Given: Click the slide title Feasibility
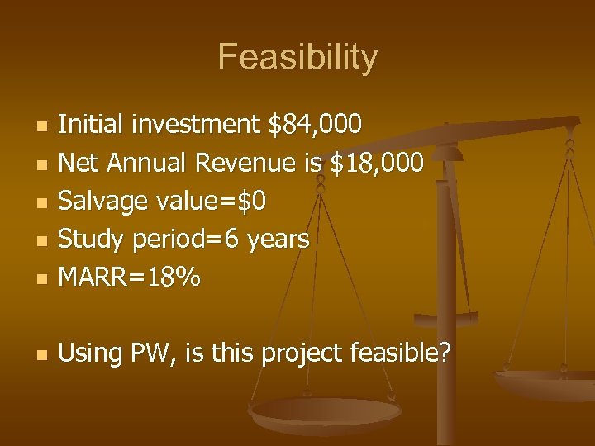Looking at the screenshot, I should pyautogui.click(x=297, y=58).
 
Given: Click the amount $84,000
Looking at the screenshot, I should pyautogui.click(x=316, y=125).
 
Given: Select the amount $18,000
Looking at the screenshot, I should pyautogui.click(x=377, y=163).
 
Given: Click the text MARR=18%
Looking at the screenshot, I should pyautogui.click(x=129, y=278).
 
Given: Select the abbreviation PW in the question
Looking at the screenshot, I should pyautogui.click(x=150, y=353).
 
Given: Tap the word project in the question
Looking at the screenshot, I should pyautogui.click(x=302, y=354).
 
